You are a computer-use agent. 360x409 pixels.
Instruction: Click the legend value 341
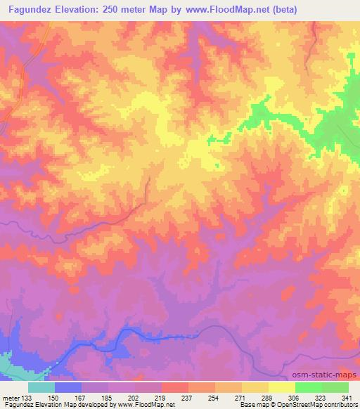pyautogui.click(x=347, y=397)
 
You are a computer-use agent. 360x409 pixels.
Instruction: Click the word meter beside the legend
pyautogui.click(x=10, y=397)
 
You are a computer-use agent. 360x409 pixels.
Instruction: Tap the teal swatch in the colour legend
pyautogui.click(x=41, y=387)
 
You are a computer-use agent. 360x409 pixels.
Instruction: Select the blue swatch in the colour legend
pyautogui.click(x=67, y=387)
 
